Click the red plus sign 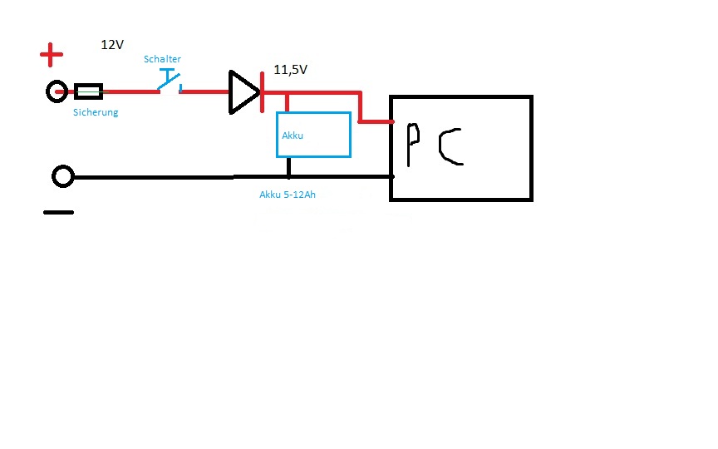click(52, 57)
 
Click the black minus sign click(58, 212)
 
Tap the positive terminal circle click(57, 91)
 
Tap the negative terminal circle click(63, 176)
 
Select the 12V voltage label click(112, 45)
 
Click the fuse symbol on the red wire click(88, 91)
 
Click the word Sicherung click(96, 112)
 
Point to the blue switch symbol click(170, 82)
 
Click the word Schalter click(162, 59)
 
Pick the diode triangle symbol click(243, 91)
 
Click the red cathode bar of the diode click(262, 91)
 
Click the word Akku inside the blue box click(293, 135)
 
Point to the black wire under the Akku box click(288, 167)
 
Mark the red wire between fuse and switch click(130, 91)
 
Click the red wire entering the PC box click(376, 122)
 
